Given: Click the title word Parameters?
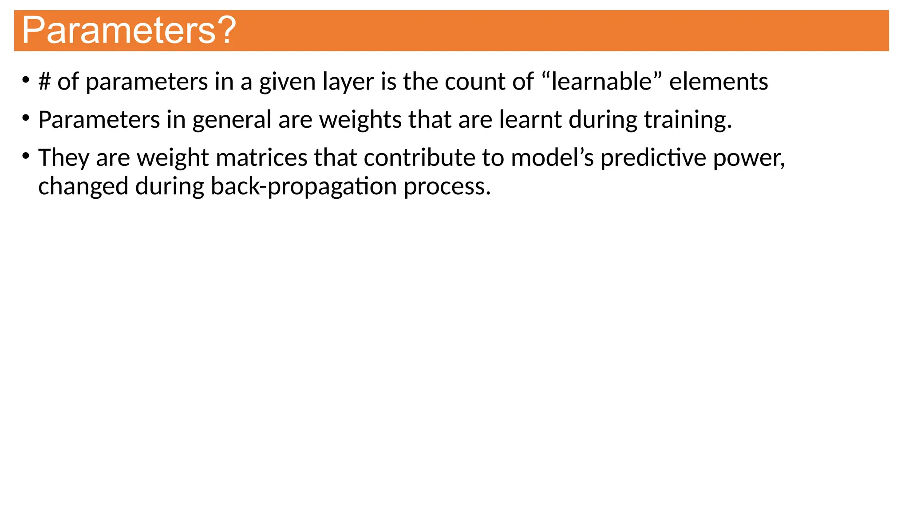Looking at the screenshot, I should (x=129, y=30).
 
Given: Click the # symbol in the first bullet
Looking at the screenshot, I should (x=44, y=82).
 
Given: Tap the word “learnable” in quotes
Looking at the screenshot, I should (x=601, y=82).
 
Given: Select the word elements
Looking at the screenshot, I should (x=719, y=82).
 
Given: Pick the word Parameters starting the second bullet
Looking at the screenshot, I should (x=99, y=120).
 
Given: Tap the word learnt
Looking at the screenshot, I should (x=530, y=120).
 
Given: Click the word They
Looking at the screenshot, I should (x=63, y=158).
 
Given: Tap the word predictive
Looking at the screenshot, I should (x=653, y=158).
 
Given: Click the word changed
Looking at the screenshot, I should (x=83, y=187).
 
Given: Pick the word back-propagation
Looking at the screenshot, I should (x=303, y=187).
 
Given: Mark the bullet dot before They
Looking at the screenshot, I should (x=26, y=156).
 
